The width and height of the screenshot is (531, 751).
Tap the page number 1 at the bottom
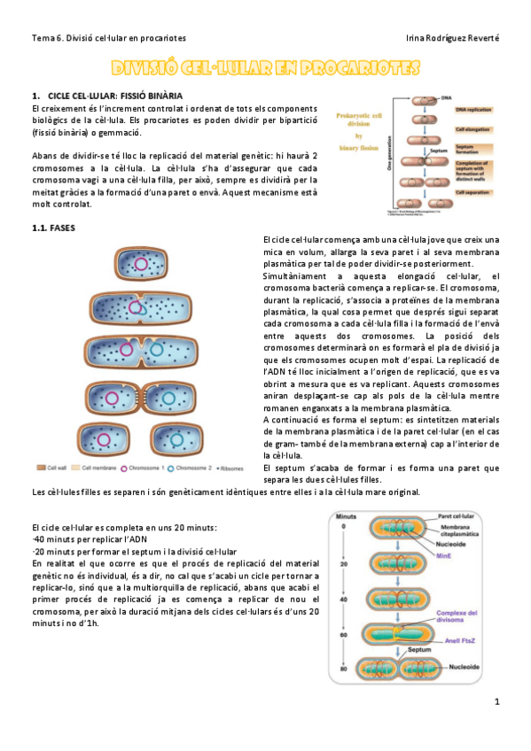[x=497, y=702]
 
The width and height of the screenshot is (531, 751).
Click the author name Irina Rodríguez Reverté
[x=452, y=38]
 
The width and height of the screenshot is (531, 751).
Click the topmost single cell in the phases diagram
[x=140, y=264]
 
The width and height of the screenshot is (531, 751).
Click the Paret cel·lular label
[x=458, y=515]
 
